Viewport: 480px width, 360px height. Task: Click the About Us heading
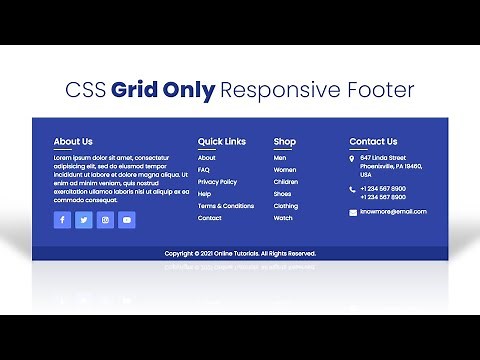(73, 142)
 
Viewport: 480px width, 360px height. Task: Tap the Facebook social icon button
(62, 220)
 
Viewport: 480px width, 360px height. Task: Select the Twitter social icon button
(84, 220)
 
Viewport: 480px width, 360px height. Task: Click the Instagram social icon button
(105, 220)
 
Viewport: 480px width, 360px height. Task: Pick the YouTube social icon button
(127, 220)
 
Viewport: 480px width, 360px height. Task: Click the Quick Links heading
(221, 142)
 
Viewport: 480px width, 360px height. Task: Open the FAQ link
(204, 170)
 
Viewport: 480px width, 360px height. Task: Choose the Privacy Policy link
(217, 182)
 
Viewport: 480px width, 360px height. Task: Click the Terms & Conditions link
(226, 206)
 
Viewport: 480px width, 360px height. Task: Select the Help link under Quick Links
(204, 194)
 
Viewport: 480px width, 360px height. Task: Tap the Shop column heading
(285, 142)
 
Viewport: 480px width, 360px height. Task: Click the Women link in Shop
(285, 170)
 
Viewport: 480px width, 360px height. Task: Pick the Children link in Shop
(286, 182)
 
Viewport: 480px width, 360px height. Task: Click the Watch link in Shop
(284, 218)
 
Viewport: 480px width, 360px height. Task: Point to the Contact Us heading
(373, 142)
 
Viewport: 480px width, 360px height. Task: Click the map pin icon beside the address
(352, 159)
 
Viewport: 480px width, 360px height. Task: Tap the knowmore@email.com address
(393, 212)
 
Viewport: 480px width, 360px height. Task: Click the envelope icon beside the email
(352, 212)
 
